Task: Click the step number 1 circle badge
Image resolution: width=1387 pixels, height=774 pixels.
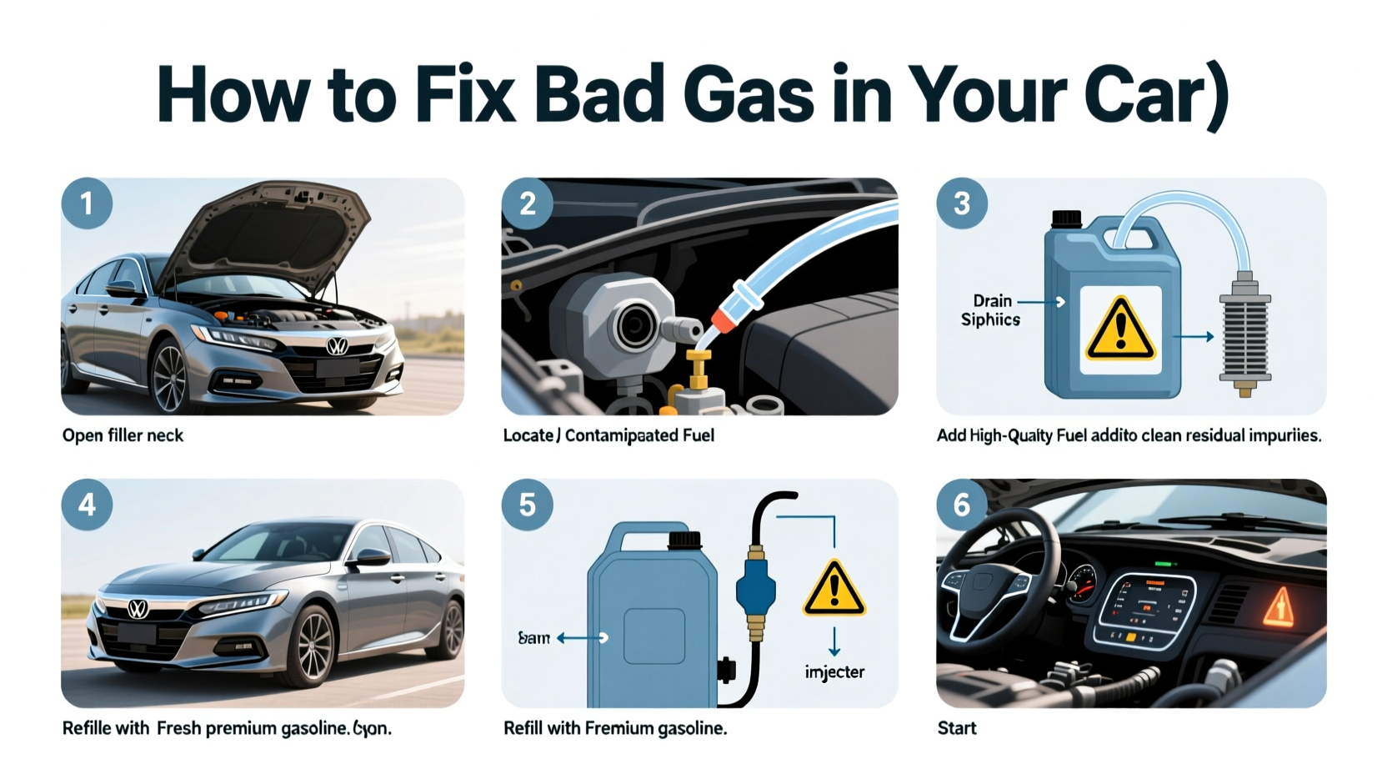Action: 87,204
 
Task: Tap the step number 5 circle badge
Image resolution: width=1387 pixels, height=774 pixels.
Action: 527,505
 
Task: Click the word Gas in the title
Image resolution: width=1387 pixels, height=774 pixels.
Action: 747,93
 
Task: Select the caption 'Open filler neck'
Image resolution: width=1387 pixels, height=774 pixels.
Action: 123,435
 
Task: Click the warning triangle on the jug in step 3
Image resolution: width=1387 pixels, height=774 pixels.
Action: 1120,330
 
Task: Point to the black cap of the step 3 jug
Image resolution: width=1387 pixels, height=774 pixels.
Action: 1066,219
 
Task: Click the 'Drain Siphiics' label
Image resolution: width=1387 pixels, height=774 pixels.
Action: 991,310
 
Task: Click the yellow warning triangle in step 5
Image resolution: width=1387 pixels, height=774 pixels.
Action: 834,589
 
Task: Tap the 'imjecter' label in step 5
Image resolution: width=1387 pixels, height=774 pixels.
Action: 834,672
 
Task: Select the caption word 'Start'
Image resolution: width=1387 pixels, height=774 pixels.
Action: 957,728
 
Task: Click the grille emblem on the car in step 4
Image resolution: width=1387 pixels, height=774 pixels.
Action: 138,610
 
